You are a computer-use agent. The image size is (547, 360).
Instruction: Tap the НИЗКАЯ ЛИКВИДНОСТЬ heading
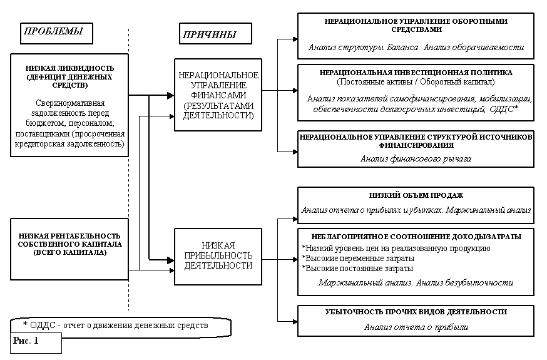coord(69,76)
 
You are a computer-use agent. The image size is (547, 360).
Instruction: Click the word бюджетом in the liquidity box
coord(41,123)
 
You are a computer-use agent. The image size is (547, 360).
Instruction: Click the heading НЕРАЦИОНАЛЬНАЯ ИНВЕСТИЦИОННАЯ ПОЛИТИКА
coord(416,73)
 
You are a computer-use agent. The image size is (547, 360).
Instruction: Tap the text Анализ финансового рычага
coord(416,159)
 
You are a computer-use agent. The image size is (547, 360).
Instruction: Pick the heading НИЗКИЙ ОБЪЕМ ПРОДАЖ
coord(416,195)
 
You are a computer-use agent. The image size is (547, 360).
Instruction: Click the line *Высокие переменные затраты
coord(358,259)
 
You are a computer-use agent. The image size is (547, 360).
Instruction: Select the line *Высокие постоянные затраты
coord(357,269)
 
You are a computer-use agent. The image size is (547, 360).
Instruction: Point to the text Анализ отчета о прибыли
coord(416,327)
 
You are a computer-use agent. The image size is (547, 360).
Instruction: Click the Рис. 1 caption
coord(26,341)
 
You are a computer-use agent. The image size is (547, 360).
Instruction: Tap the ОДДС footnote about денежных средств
coord(115,326)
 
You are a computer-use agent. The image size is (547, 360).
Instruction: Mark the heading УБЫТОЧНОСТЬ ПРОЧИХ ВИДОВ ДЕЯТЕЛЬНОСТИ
coord(416,312)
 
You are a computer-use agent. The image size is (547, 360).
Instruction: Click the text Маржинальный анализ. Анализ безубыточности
coord(416,282)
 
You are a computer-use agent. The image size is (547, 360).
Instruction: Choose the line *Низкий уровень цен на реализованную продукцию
coord(396,249)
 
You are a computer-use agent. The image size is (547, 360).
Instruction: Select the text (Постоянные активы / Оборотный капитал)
coord(416,82)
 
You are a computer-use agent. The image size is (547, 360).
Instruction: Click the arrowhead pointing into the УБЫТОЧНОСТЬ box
coord(295,321)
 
